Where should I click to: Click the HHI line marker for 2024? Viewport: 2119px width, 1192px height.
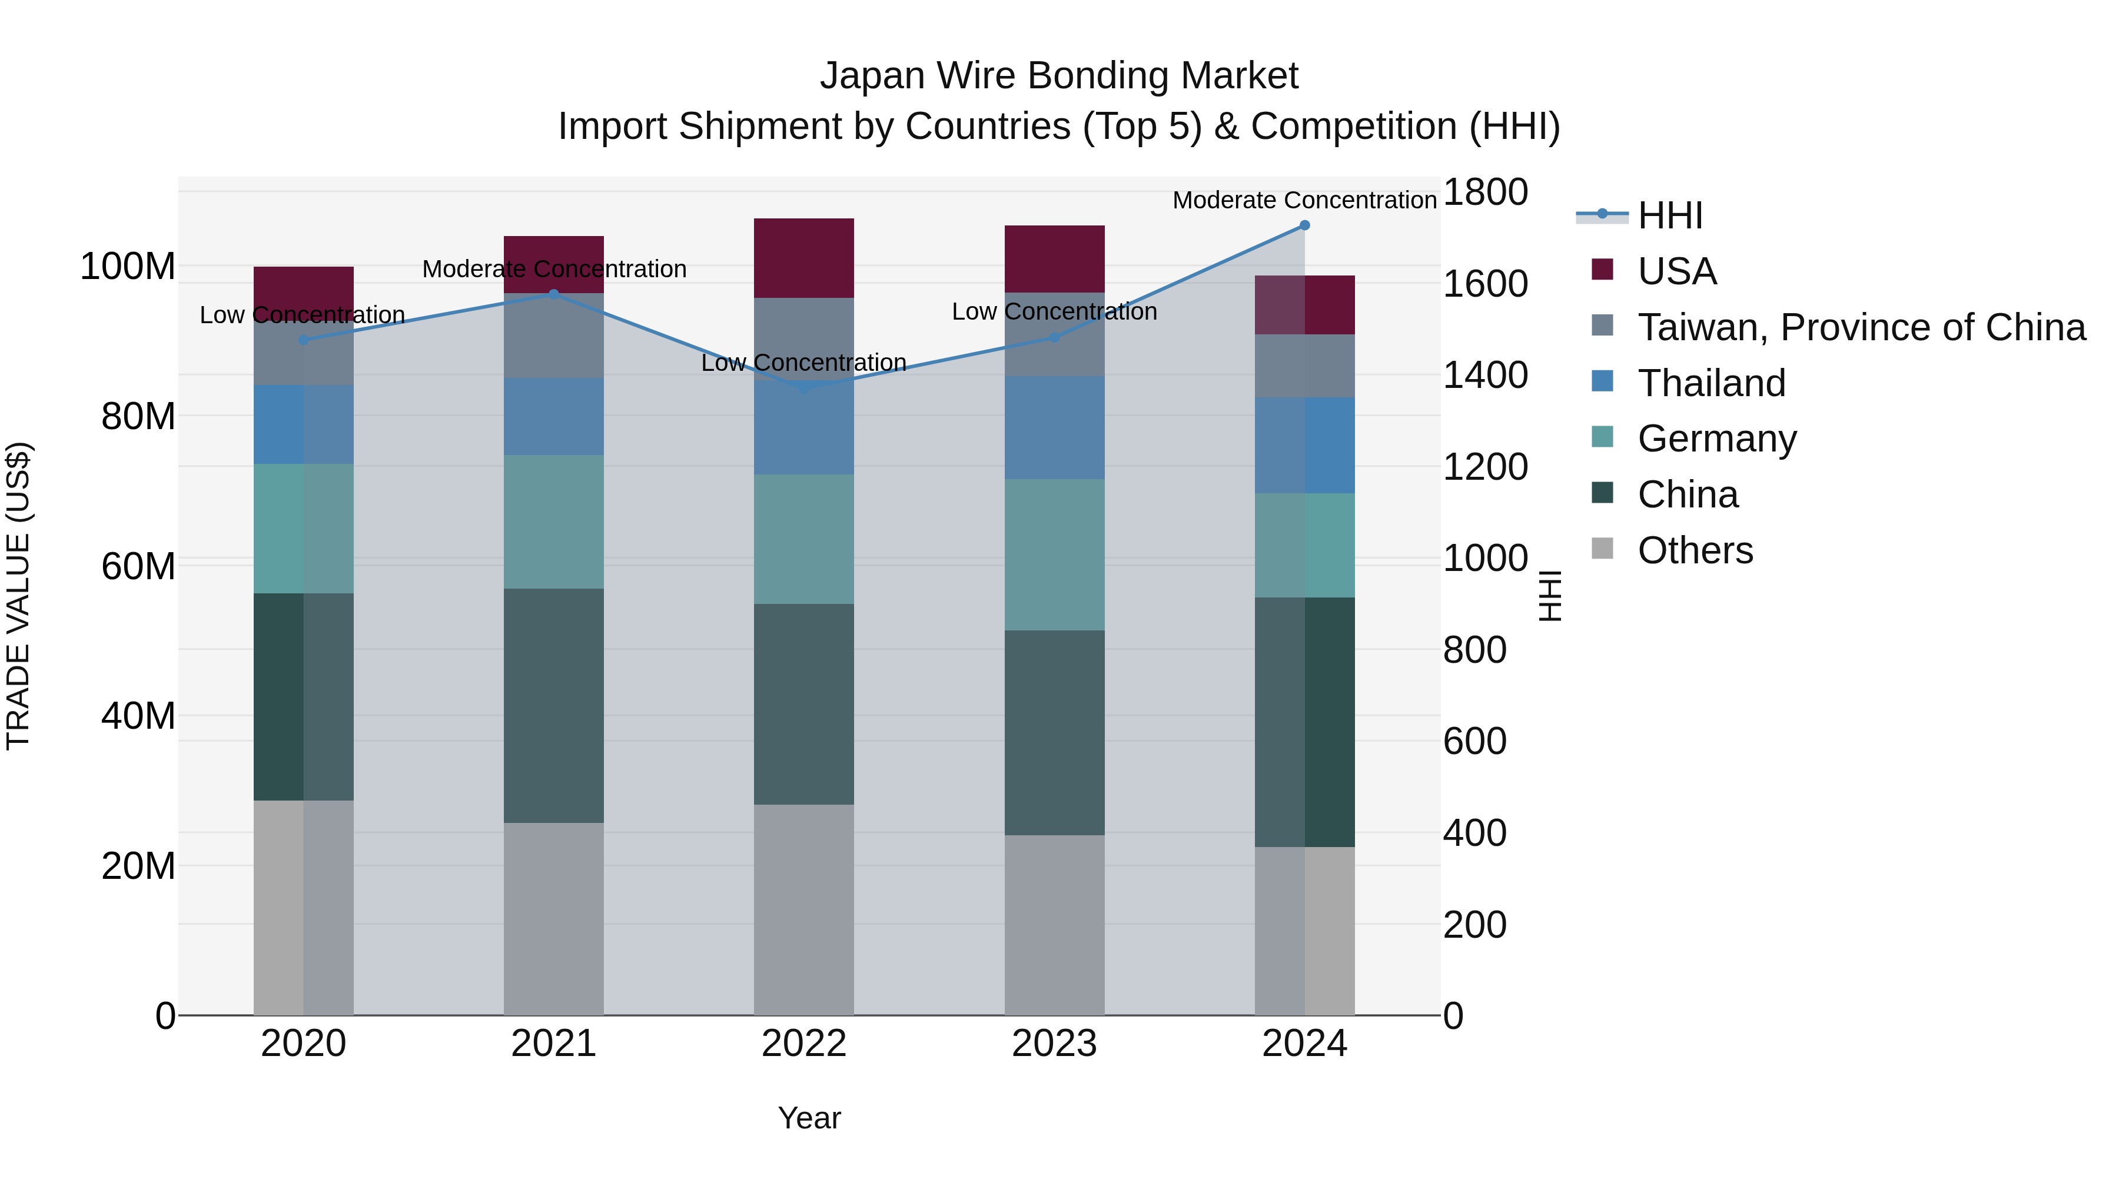[x=1304, y=225]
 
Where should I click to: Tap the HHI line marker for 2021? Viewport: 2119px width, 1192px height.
[x=554, y=294]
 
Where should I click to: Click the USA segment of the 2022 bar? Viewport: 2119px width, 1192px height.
[x=803, y=258]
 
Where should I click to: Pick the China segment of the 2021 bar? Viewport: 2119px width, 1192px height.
[x=554, y=705]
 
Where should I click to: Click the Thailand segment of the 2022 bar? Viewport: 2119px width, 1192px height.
[x=803, y=428]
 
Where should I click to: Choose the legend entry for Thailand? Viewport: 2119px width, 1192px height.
[x=1711, y=383]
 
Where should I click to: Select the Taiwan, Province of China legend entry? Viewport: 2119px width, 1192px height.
[x=1861, y=327]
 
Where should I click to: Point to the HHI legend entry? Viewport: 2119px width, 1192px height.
[x=1669, y=215]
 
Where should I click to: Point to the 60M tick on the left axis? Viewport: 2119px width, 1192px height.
[x=138, y=566]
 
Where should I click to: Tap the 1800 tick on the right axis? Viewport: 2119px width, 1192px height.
[x=1485, y=192]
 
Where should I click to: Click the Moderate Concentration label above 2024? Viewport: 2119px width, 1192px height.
[x=1304, y=200]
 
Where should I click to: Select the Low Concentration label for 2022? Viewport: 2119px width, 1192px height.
[x=803, y=363]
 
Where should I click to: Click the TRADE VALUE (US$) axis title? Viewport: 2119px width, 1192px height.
[x=18, y=596]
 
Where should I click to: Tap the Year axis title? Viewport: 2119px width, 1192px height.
[x=809, y=1118]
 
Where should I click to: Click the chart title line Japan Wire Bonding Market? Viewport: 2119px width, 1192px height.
[x=1059, y=76]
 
